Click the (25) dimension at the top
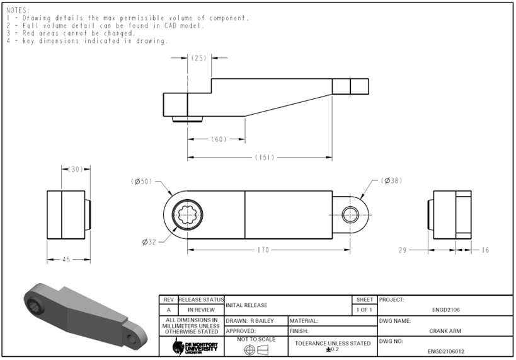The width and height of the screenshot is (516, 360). [x=199, y=58]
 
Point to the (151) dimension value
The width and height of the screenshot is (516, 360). [x=264, y=158]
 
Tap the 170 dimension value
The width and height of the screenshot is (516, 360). [x=263, y=250]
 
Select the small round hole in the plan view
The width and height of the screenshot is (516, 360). [x=350, y=214]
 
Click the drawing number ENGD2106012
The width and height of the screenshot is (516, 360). [x=446, y=352]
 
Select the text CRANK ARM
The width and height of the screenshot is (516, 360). [x=447, y=331]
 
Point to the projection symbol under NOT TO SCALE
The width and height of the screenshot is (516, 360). [x=255, y=349]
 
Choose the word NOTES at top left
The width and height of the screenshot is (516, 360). [x=18, y=10]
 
